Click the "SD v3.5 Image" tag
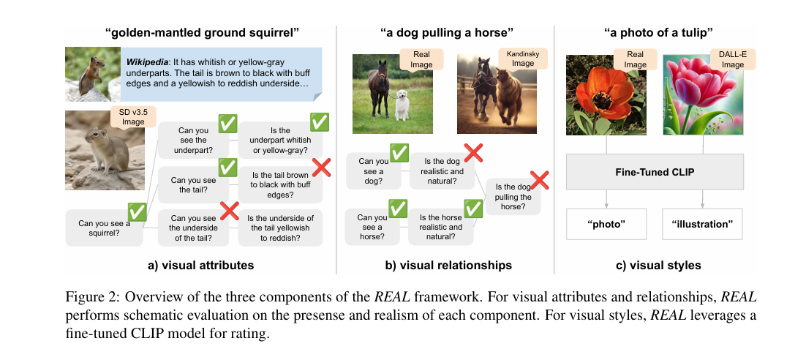133,117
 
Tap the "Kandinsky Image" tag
524,58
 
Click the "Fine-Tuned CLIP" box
655,172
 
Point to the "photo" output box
606,224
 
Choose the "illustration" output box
703,224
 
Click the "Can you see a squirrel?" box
105,228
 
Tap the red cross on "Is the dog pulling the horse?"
539,181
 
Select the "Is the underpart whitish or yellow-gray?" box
280,140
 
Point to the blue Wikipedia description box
222,75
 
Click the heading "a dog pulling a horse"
447,34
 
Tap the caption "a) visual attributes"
200,266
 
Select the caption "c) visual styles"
654,266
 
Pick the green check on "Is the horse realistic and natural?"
473,209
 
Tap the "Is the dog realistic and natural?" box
442,171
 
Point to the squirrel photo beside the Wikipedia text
93,75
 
